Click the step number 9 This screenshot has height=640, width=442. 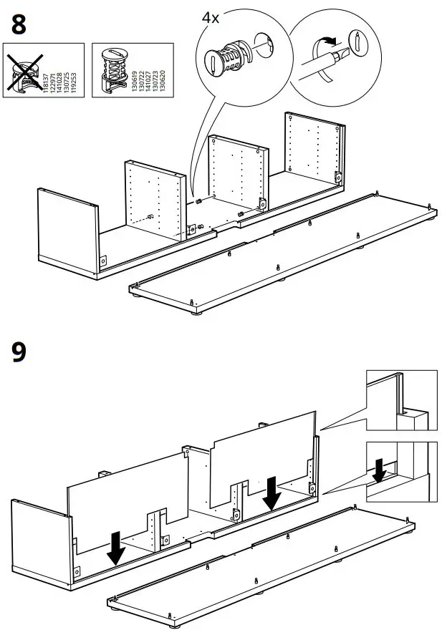point(19,354)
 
